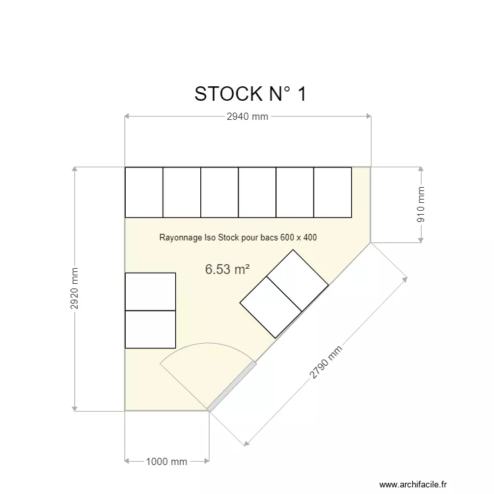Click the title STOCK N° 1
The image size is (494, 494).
[x=250, y=94]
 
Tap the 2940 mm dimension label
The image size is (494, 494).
[x=247, y=117]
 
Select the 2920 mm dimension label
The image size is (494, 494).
[x=75, y=288]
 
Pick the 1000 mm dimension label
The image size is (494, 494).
[x=167, y=462]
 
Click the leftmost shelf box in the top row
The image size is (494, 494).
[x=144, y=192]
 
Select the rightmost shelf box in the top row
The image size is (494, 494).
[x=333, y=192]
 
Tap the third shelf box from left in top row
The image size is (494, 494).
[x=219, y=192]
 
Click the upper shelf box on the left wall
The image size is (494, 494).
[x=150, y=291]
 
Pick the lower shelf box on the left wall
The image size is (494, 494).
[x=150, y=329]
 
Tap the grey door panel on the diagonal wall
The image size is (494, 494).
[x=231, y=386]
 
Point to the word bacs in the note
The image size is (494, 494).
[x=269, y=237]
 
